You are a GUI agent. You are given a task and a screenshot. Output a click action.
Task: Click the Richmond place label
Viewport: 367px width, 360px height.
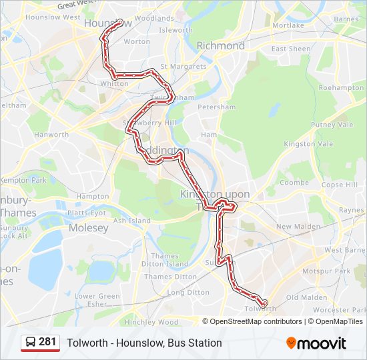point(220,46)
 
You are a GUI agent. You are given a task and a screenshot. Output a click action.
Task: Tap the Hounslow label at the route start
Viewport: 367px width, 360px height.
point(100,23)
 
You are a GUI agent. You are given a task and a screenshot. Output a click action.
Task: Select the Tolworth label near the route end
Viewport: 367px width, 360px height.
point(260,309)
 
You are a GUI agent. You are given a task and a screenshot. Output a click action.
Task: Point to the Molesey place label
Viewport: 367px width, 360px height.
point(88,228)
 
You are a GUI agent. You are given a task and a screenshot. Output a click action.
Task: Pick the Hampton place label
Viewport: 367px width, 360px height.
point(93,197)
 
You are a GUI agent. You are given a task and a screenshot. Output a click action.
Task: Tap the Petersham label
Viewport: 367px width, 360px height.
point(218,107)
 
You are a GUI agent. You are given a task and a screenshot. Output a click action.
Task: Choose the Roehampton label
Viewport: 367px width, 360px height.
point(341,88)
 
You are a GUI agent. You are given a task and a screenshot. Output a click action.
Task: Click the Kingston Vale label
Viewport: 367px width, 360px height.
point(308,144)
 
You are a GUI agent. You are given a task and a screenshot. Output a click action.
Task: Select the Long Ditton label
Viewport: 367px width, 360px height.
point(188,292)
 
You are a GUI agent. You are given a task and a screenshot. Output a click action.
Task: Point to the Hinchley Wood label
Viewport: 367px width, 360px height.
point(151,322)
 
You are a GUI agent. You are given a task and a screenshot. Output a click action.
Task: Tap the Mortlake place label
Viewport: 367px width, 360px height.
point(288,25)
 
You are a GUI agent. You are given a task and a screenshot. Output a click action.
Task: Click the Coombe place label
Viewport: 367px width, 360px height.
point(294,182)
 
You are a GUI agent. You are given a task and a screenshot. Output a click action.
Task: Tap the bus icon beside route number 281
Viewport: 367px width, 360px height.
point(31,343)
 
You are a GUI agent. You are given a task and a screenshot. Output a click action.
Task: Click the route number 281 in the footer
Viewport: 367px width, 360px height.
point(47,342)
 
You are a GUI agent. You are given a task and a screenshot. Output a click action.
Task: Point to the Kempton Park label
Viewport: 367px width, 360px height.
point(23,181)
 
